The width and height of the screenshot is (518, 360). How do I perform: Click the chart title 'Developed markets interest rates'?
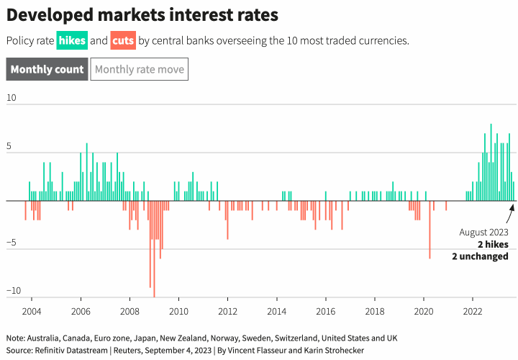(142, 14)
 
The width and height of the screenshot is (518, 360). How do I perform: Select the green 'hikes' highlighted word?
(72, 41)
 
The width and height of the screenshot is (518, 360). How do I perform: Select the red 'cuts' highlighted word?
(123, 41)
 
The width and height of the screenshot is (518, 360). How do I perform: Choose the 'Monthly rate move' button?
(140, 70)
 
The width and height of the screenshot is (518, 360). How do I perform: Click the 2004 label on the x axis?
(32, 311)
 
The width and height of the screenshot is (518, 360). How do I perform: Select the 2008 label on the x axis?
(129, 311)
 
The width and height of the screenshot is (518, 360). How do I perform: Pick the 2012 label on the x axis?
(227, 311)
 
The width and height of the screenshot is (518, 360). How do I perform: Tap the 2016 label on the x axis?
(325, 311)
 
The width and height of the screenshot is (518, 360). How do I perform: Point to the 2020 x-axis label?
(423, 311)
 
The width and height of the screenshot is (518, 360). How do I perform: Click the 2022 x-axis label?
(473, 311)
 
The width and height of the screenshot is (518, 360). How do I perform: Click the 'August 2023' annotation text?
(483, 233)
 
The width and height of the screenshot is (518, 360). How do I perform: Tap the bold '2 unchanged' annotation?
(480, 256)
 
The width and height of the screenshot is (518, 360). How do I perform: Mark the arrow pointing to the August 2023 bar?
(510, 214)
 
